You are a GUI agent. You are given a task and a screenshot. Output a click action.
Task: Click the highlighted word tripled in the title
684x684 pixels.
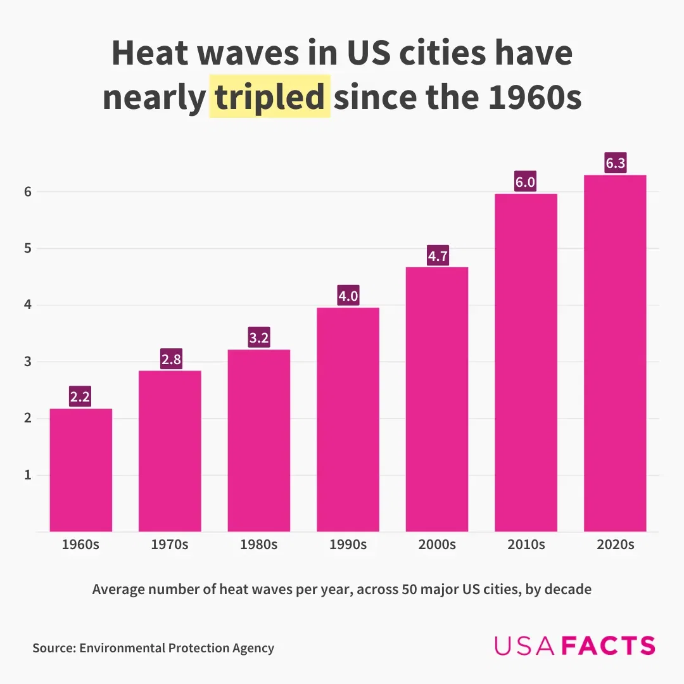click(270, 98)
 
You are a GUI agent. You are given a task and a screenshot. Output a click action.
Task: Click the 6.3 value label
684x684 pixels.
click(615, 164)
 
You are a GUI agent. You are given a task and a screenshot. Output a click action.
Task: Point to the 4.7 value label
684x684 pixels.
click(437, 256)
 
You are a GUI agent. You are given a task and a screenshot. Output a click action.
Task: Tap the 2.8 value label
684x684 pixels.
click(170, 360)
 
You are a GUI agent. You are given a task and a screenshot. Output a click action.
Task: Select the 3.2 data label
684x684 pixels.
click(259, 338)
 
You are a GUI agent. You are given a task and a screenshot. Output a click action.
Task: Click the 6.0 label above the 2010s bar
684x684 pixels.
click(526, 183)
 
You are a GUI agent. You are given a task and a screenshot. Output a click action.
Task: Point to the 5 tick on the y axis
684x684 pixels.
click(28, 248)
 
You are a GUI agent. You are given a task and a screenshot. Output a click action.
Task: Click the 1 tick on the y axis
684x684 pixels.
click(28, 475)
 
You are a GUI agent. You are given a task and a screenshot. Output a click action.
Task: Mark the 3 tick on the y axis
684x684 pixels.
click(28, 362)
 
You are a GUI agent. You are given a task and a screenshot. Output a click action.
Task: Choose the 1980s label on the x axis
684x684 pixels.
click(259, 545)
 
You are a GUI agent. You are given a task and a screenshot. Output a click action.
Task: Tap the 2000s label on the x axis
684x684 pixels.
click(437, 545)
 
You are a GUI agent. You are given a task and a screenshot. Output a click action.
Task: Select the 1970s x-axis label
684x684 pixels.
click(170, 545)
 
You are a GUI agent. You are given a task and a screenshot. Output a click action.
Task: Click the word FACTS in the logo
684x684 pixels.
click(609, 646)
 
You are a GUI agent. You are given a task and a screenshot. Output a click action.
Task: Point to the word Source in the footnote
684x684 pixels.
click(54, 648)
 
